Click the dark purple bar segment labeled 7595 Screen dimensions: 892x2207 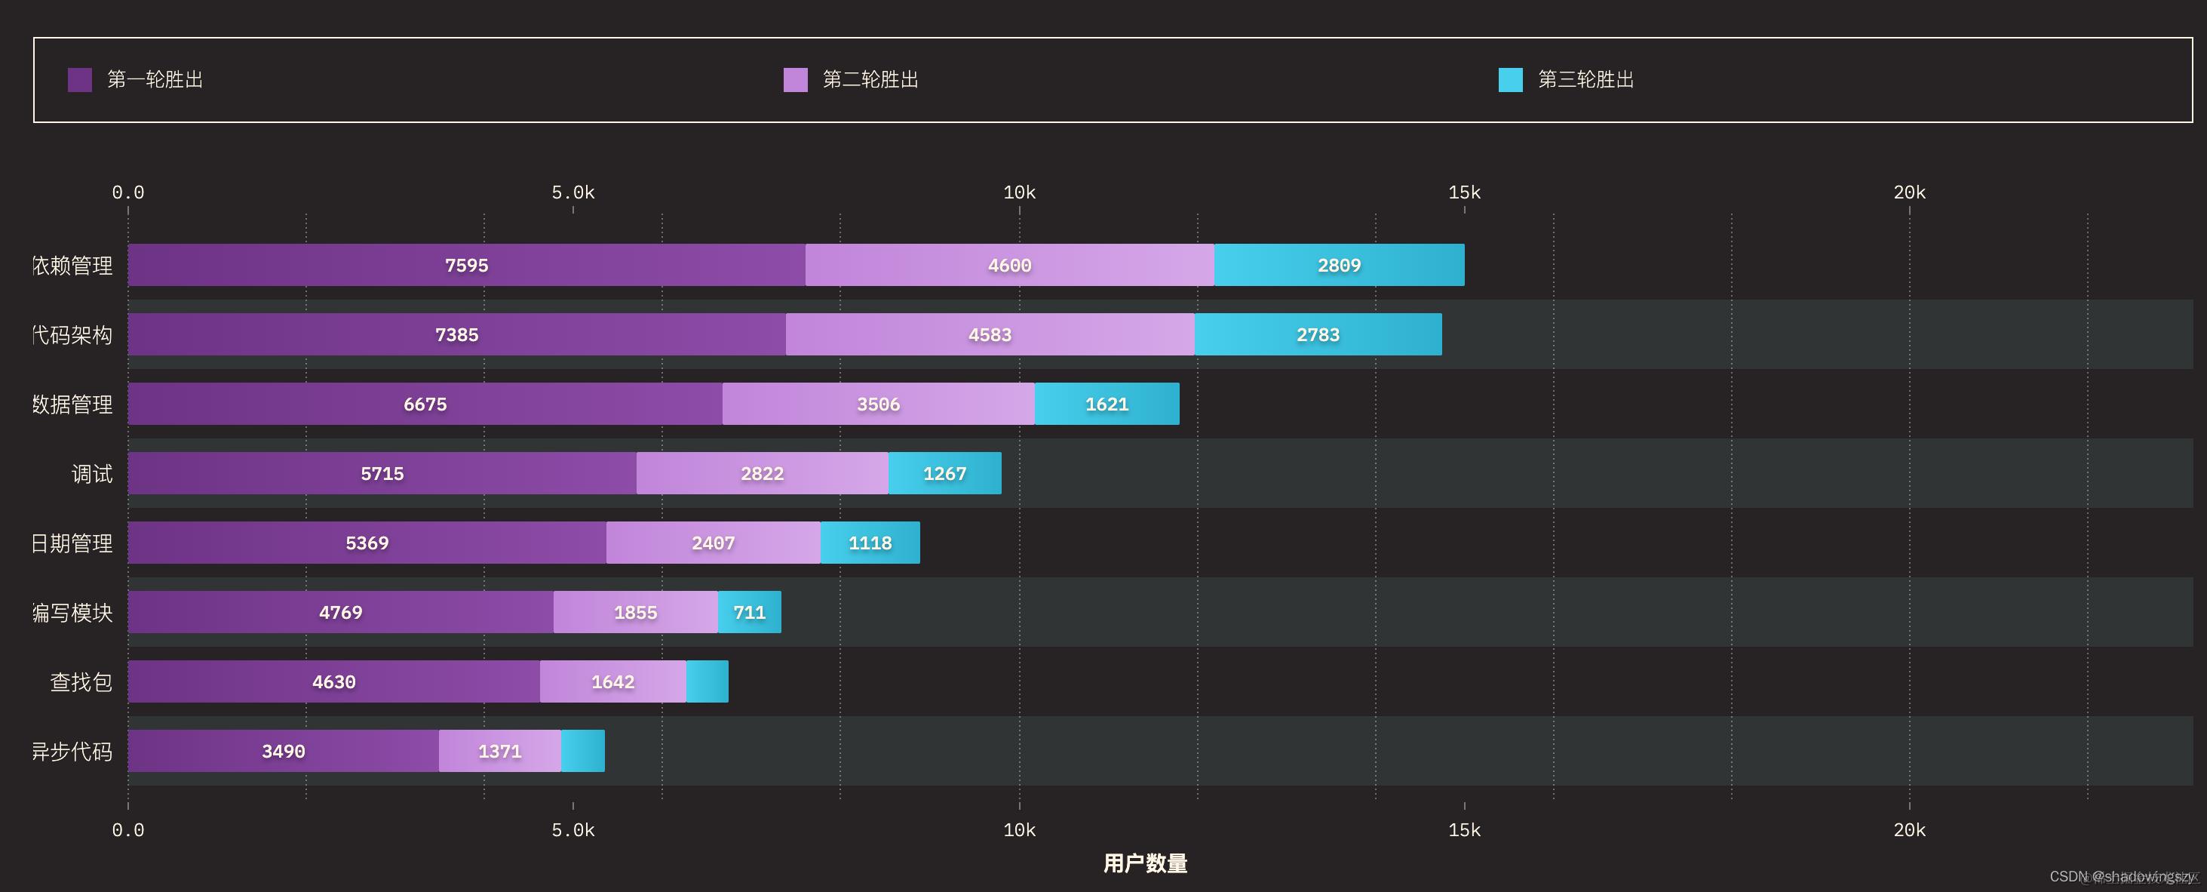[466, 265]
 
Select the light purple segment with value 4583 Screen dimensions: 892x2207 [990, 334]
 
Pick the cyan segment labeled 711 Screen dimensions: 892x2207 [749, 612]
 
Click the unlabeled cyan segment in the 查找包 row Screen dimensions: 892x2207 [707, 681]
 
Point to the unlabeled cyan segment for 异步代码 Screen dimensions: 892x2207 [582, 751]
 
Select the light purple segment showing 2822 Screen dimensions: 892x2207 [762, 473]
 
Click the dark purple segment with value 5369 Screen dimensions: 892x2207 [367, 543]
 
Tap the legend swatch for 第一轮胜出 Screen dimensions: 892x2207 [80, 80]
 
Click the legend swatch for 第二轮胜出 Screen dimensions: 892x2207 [795, 80]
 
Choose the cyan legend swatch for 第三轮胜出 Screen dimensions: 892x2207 [1511, 80]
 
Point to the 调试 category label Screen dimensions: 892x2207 [92, 474]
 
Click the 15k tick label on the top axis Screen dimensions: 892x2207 [1464, 192]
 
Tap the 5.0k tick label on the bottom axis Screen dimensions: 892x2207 [572, 829]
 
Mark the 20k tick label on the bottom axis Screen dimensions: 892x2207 [1909, 829]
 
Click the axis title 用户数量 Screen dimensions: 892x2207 [1145, 863]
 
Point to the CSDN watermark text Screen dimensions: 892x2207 [2120, 875]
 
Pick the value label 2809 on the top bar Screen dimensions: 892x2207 [1338, 265]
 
